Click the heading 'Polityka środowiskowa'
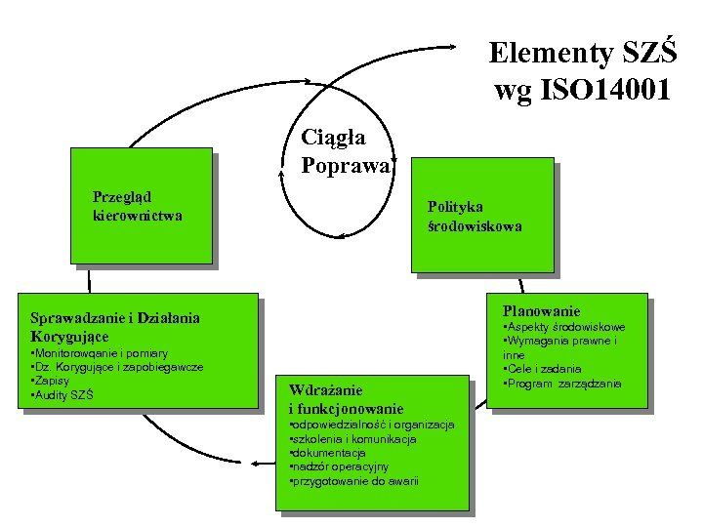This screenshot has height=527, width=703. (x=475, y=216)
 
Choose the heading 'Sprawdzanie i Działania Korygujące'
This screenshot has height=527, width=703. (x=115, y=326)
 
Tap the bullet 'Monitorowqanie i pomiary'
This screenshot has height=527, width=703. (x=101, y=353)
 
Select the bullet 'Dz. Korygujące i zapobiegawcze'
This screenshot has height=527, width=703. (x=118, y=367)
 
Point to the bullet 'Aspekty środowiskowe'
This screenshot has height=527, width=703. (x=563, y=327)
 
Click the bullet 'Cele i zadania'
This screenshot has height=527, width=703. (x=542, y=369)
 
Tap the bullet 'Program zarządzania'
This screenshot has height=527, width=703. (x=562, y=383)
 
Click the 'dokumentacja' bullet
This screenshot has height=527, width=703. (x=329, y=453)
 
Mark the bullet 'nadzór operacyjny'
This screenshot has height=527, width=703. (x=340, y=466)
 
